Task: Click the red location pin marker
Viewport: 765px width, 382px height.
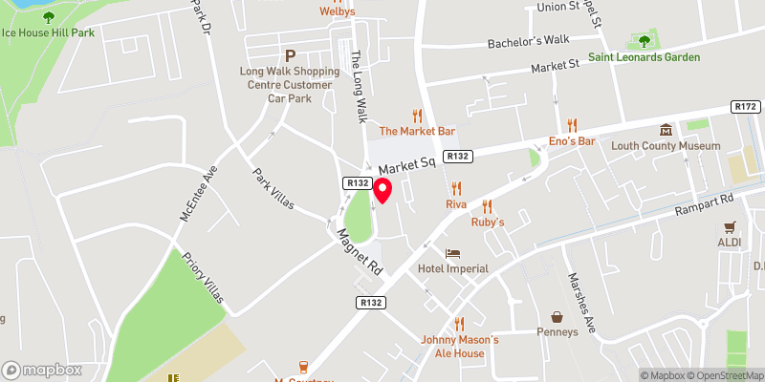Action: [382, 190]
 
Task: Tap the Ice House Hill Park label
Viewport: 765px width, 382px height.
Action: [48, 32]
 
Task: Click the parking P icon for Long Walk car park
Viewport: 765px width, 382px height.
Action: [289, 55]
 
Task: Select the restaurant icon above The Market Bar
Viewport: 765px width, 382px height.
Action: [416, 114]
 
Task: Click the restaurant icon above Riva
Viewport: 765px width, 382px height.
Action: [456, 188]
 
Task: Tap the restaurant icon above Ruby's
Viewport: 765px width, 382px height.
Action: [487, 205]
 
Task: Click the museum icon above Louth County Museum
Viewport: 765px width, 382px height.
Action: [667, 130]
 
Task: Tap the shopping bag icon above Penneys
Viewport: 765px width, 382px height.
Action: [557, 316]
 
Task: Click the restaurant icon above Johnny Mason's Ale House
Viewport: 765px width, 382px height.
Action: [459, 324]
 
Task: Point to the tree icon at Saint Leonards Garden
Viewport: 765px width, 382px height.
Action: [644, 41]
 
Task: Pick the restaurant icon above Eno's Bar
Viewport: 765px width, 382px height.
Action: [572, 125]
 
